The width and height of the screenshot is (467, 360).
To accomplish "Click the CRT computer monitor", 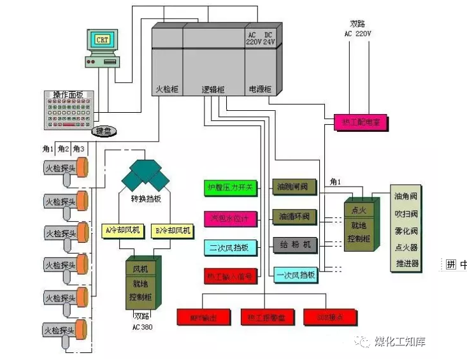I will tap(102, 40).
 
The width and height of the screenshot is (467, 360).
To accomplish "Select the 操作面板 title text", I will tap(69, 95).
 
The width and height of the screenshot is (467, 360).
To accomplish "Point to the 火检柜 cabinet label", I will tap(167, 90).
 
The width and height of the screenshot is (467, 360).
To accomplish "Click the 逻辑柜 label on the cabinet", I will tap(213, 90).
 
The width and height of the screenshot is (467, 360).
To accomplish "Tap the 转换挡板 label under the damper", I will tap(147, 198).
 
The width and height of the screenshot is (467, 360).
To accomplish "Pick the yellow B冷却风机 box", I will tap(172, 230).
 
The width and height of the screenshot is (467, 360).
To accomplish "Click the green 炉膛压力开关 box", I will tap(231, 187).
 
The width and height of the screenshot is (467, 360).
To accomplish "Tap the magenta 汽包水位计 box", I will tap(231, 218).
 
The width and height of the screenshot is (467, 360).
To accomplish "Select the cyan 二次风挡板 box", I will tap(231, 247).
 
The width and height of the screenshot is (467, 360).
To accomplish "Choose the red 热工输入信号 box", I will tap(231, 277).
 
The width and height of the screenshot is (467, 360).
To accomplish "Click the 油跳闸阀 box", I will tap(294, 187).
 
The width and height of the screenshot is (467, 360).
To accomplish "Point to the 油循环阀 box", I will tap(294, 217).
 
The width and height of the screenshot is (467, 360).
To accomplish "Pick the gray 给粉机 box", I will tap(294, 245).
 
